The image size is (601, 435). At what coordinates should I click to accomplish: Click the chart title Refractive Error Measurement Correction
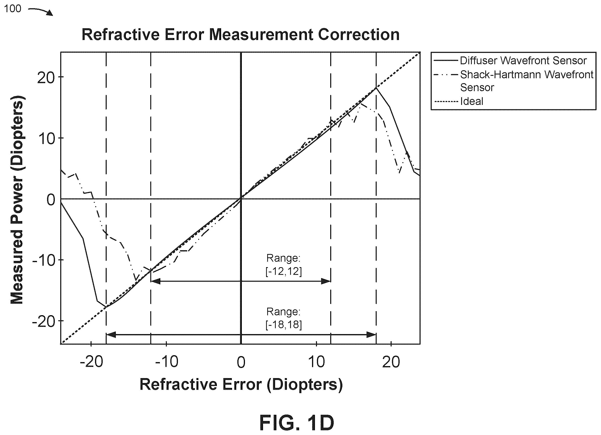point(240,35)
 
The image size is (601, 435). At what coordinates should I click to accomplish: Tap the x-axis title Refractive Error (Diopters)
point(241,385)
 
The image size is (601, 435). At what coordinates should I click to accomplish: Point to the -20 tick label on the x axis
point(91,362)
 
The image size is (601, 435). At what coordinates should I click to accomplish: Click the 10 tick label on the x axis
point(316,362)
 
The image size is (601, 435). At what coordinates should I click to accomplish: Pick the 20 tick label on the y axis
point(46,78)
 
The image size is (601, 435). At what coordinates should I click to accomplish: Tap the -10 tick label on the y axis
point(43,260)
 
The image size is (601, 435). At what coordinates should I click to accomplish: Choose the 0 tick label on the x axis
point(241,362)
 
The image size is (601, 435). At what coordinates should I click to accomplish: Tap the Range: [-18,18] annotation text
point(283,318)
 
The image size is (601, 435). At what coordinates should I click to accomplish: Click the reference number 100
point(12,9)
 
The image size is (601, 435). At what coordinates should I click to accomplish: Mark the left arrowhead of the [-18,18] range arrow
point(111,335)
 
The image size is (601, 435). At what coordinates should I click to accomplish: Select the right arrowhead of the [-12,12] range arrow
point(326,281)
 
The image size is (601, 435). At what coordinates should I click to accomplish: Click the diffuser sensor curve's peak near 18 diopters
point(376,88)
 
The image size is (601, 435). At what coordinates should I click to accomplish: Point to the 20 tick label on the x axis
point(391,362)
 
